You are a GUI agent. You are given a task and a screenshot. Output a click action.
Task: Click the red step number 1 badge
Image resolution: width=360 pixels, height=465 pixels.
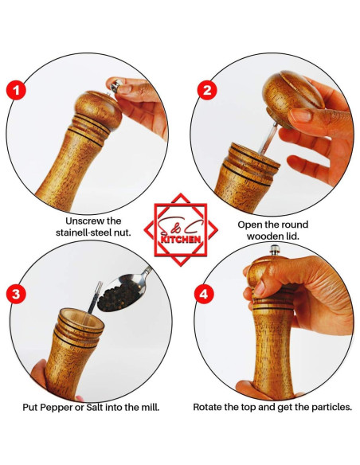point(16,89)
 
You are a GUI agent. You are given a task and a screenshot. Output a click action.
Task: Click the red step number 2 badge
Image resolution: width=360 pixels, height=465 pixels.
point(207,89)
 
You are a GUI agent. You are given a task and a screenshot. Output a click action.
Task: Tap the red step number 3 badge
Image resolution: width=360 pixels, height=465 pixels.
point(16,294)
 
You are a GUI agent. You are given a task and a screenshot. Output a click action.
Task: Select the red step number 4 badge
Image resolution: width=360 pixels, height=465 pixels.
point(205,295)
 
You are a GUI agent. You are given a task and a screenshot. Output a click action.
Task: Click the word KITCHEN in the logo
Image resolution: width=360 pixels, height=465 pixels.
point(181,239)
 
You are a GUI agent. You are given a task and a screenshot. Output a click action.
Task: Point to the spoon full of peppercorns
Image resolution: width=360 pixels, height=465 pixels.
point(123,291)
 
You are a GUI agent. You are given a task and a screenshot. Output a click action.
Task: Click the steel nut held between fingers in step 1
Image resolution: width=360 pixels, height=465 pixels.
point(115,85)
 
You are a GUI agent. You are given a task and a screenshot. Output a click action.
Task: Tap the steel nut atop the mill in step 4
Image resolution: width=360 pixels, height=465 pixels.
point(275,250)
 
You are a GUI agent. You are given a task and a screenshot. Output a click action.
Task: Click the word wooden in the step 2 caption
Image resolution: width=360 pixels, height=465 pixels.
point(262,236)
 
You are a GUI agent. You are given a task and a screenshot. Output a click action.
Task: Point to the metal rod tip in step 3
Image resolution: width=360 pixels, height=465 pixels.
point(99,286)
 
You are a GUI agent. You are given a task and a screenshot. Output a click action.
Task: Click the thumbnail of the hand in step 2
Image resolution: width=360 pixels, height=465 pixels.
point(300,115)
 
